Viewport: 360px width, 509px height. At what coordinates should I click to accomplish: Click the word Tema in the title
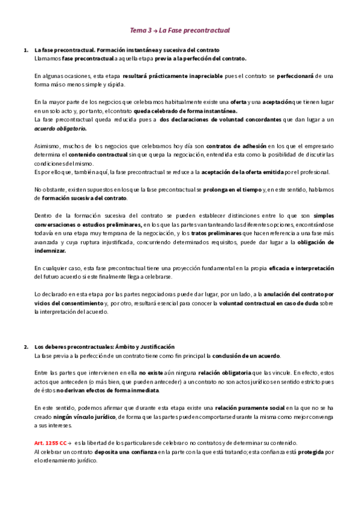139,30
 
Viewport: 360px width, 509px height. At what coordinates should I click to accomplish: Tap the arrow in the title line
155,30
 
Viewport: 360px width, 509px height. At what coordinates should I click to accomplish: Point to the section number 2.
26,347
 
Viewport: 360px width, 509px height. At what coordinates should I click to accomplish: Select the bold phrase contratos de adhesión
232,146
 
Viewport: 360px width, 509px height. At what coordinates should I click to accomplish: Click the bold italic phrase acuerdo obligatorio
61,128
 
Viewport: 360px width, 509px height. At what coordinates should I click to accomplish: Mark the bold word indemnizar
50,250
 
